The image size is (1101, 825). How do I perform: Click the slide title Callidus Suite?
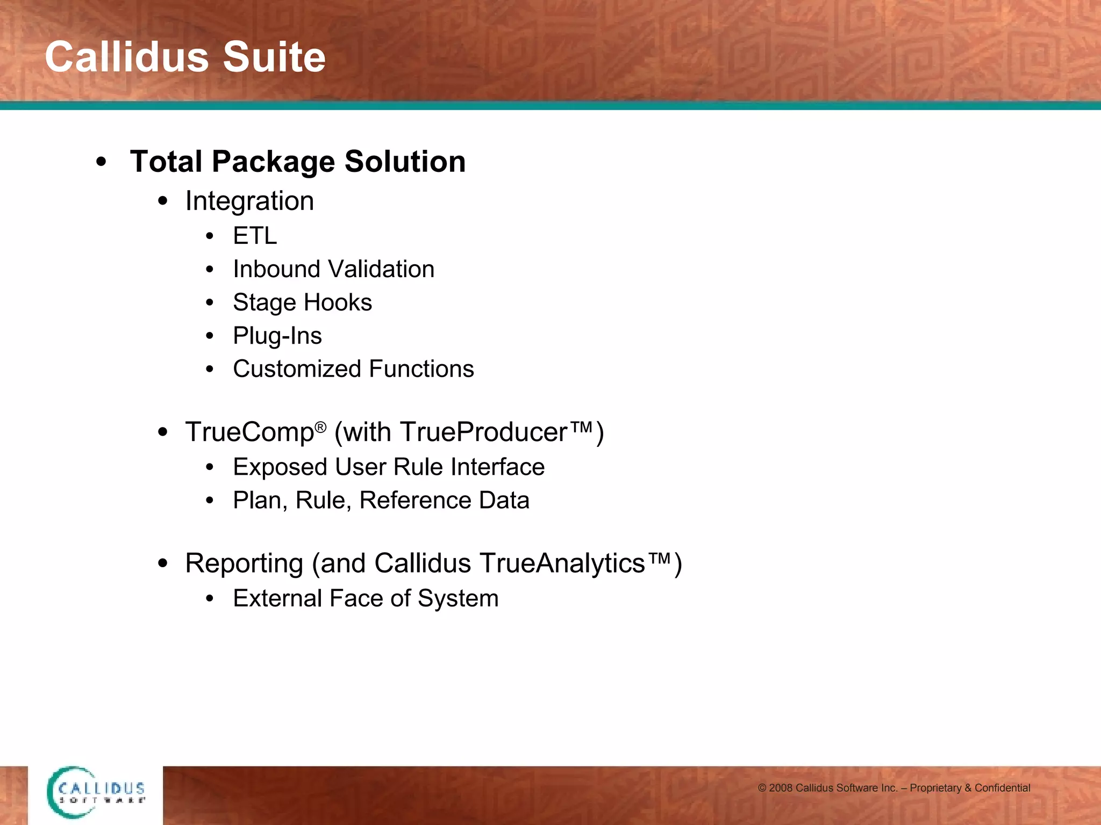[185, 57]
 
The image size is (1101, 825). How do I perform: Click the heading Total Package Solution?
[298, 162]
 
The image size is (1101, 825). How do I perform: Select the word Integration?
[249, 201]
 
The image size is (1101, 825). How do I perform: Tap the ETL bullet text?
[255, 236]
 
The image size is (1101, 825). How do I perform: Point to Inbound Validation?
[333, 269]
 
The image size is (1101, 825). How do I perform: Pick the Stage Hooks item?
[302, 302]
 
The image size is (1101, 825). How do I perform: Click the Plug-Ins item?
[277, 336]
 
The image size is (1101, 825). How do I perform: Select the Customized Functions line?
[353, 369]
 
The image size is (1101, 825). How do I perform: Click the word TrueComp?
[249, 432]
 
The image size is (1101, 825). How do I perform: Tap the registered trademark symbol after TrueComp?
[320, 427]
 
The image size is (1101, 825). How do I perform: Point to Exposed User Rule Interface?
[388, 467]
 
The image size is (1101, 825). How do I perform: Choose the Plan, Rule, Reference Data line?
[381, 501]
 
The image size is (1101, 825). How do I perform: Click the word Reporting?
[244, 563]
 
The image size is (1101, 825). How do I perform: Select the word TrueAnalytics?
[562, 563]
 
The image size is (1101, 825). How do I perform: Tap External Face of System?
[366, 598]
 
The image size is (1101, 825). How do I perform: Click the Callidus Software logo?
[96, 792]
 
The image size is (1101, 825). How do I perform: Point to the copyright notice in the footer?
[893, 788]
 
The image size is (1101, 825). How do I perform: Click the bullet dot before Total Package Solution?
[101, 162]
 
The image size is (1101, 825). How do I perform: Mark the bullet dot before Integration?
[163, 201]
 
